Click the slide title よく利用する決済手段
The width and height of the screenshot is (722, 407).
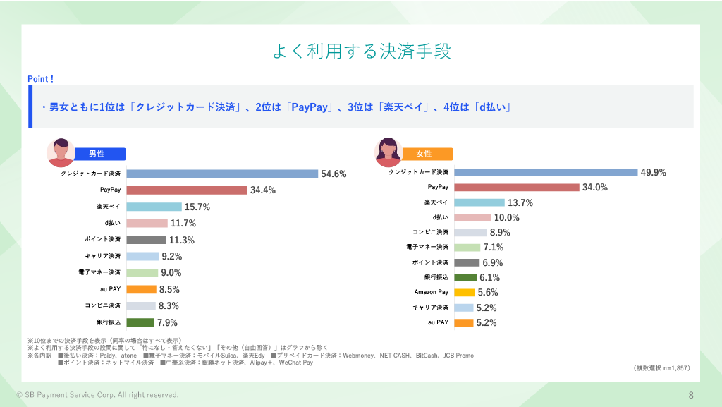pyautogui.click(x=361, y=52)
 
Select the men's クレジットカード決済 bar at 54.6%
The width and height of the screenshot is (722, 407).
pyautogui.click(x=222, y=174)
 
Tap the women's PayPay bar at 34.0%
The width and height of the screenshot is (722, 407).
pyautogui.click(x=517, y=187)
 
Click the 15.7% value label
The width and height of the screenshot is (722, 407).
pyautogui.click(x=197, y=207)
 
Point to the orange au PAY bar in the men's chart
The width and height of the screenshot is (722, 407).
pyautogui.click(x=141, y=289)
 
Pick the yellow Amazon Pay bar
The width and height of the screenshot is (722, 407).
pyautogui.click(x=465, y=292)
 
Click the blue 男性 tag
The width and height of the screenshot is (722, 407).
pyautogui.click(x=97, y=154)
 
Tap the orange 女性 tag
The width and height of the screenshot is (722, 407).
pyautogui.click(x=424, y=154)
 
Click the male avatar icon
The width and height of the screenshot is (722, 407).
pyautogui.click(x=61, y=152)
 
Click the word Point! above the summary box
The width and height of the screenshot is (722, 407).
pyautogui.click(x=41, y=79)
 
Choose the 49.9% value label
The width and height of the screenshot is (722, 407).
pyautogui.click(x=653, y=172)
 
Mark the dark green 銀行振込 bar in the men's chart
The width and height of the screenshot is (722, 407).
pyautogui.click(x=140, y=322)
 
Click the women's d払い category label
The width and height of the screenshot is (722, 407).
pyautogui.click(x=441, y=217)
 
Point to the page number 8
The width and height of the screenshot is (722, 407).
pyautogui.click(x=691, y=394)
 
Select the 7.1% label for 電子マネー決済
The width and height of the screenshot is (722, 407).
pyautogui.click(x=494, y=248)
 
